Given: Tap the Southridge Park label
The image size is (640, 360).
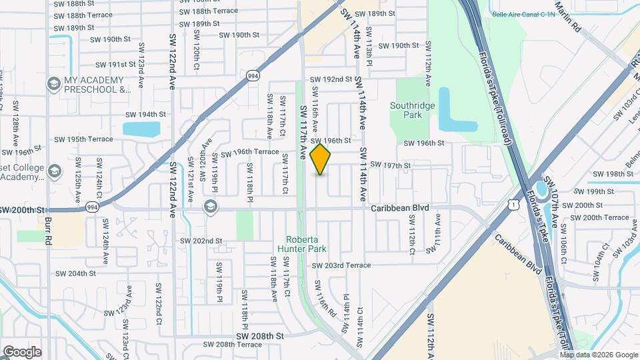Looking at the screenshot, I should (x=413, y=110).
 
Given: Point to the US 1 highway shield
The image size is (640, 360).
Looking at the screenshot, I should (x=512, y=205).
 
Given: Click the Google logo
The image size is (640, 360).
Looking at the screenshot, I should (x=22, y=351).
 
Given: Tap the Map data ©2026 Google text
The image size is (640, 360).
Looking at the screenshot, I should (x=599, y=354).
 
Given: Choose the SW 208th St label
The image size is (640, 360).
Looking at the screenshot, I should (x=260, y=336).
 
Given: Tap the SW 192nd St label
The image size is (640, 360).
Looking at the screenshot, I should (x=331, y=79).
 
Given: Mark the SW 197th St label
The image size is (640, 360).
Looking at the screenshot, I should (x=390, y=165).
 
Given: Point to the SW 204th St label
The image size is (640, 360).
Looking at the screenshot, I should (x=77, y=273).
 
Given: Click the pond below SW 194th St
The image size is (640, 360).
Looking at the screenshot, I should (x=142, y=129).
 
